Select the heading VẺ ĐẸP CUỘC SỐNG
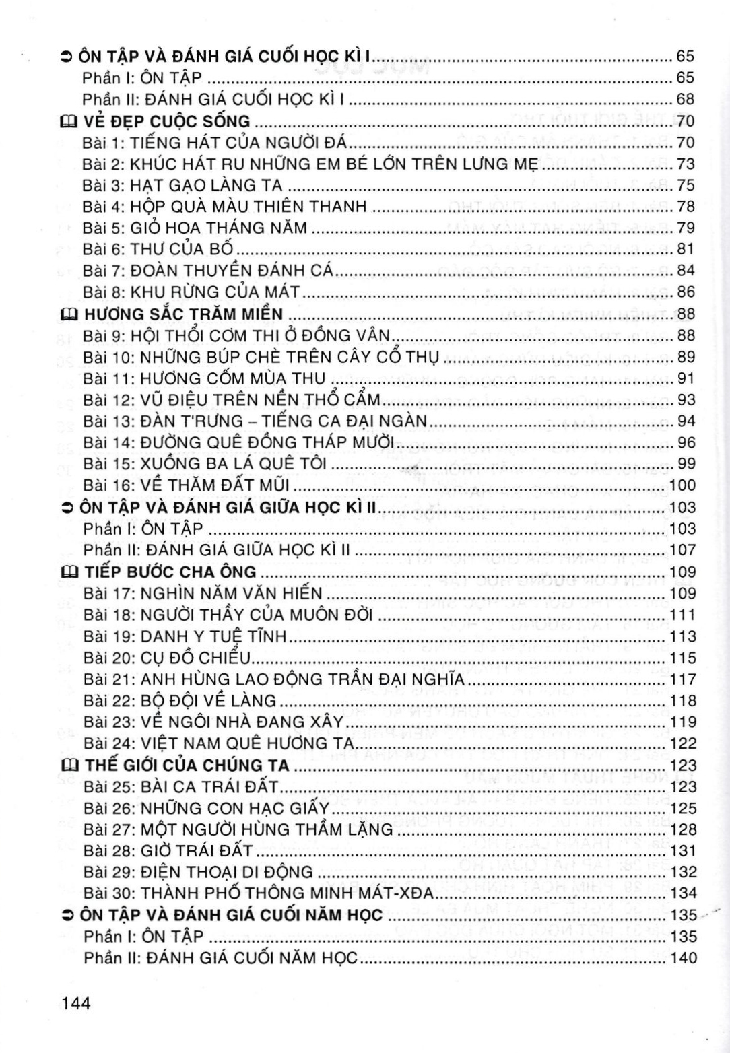tap(166, 121)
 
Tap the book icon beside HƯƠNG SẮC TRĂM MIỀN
tap(68, 314)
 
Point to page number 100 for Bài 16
tap(682, 485)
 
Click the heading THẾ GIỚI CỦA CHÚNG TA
tap(187, 766)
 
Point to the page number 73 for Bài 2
tap(685, 164)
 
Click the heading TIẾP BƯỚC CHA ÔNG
tap(170, 572)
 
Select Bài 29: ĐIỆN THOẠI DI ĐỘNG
tap(198, 873)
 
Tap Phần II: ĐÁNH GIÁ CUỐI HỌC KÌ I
tap(213, 100)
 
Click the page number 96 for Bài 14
tap(685, 443)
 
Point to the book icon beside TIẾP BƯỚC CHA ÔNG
tap(68, 572)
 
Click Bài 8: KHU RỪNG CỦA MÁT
tap(191, 292)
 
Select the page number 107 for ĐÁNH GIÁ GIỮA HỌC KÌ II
tap(682, 550)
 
